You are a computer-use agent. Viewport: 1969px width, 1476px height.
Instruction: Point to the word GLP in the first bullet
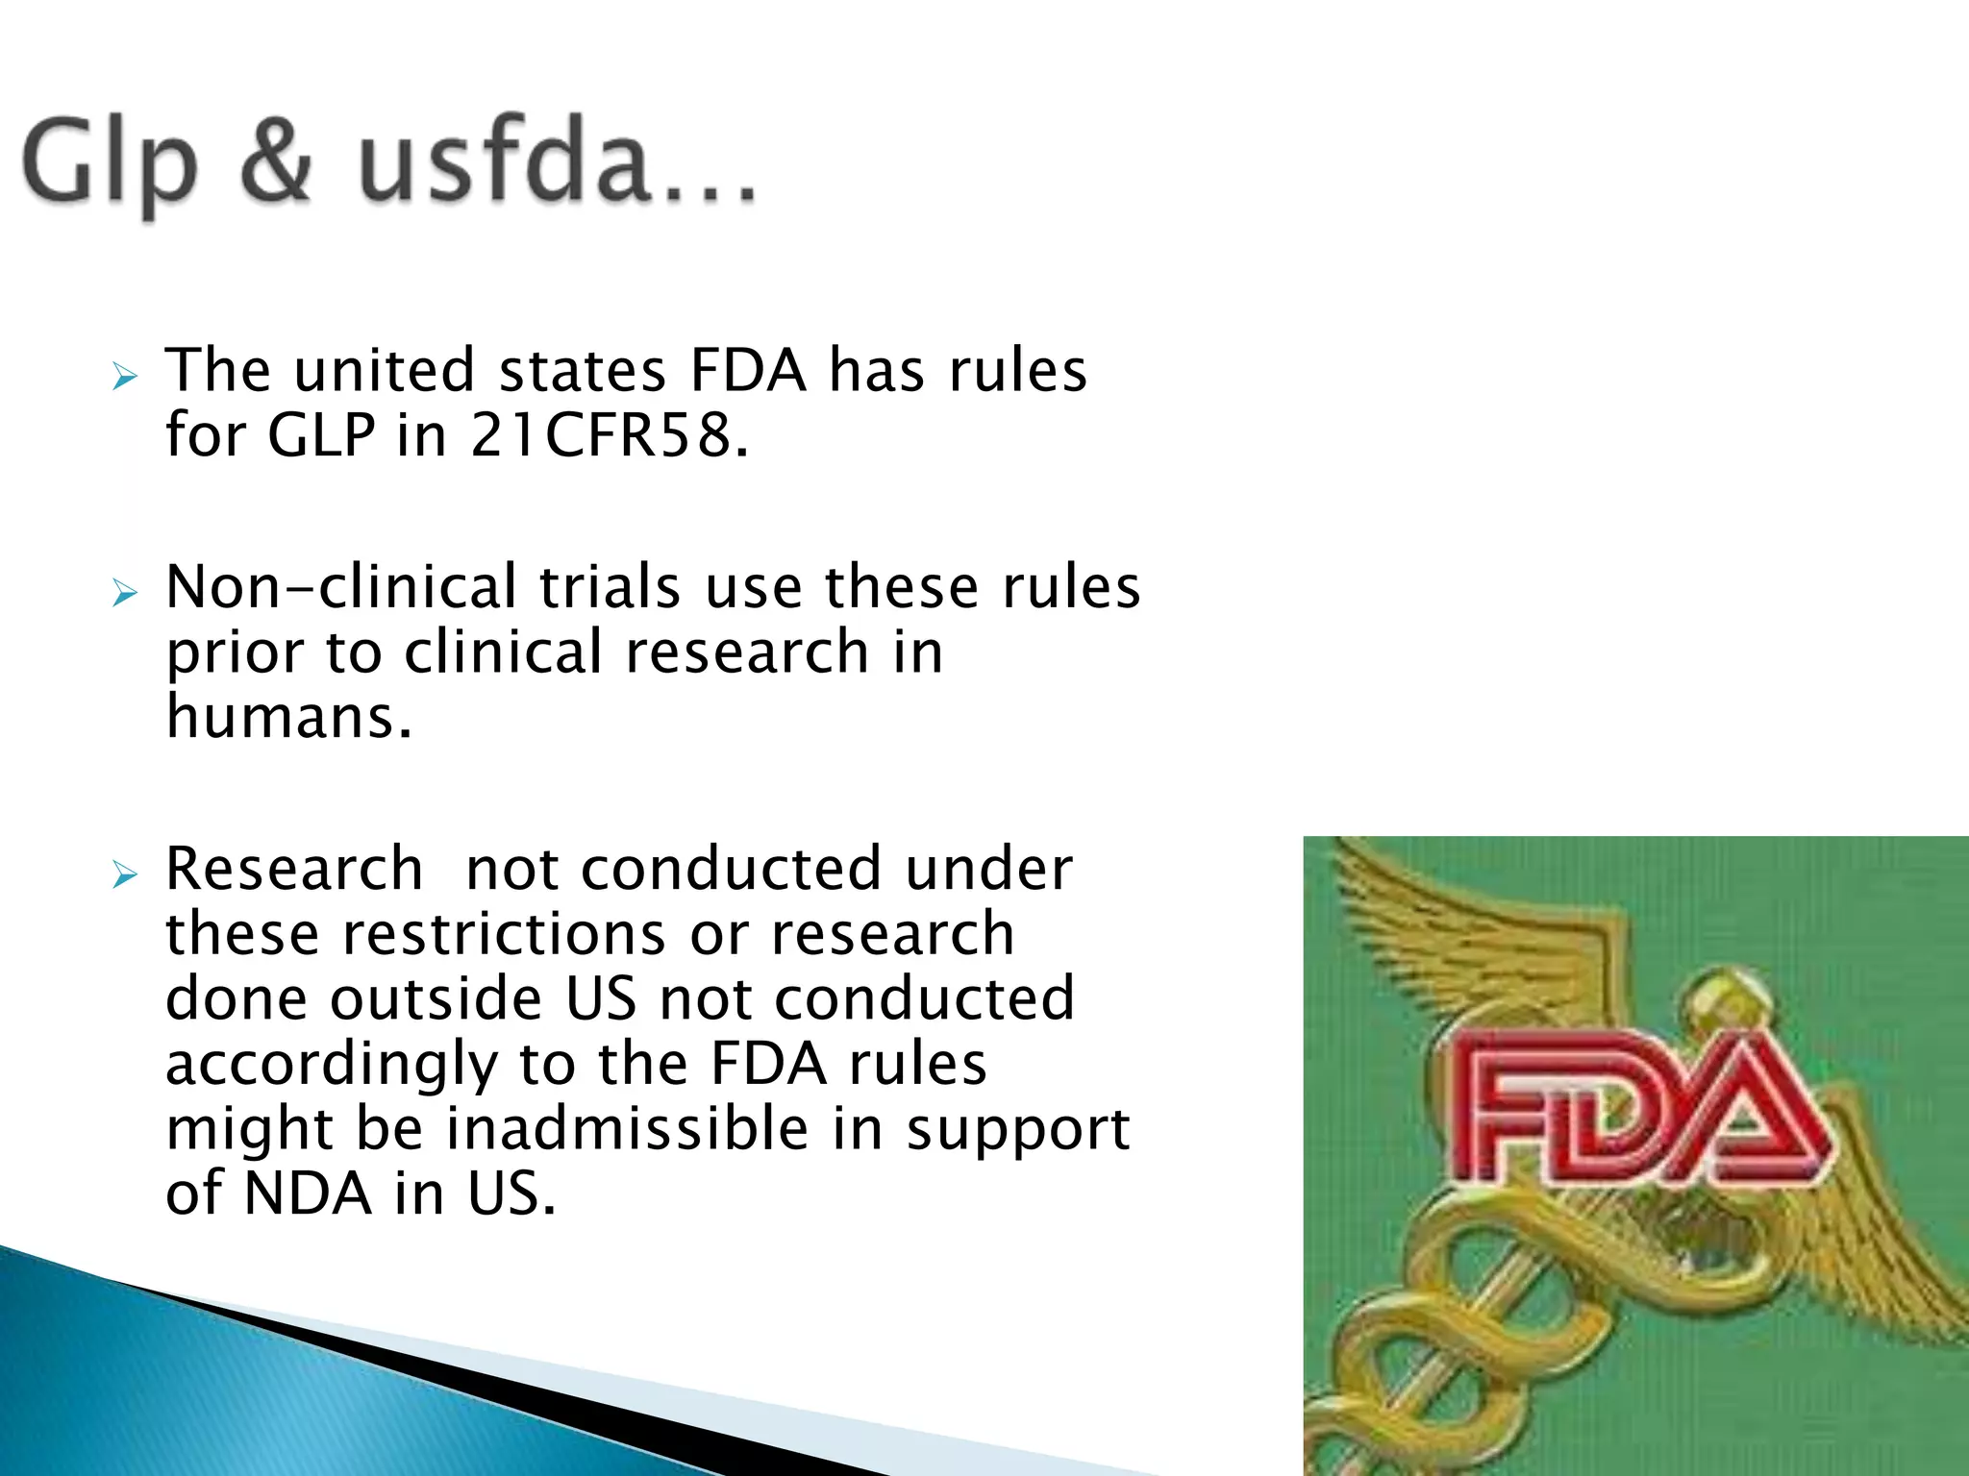coord(321,434)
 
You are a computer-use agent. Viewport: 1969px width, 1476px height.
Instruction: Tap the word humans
coord(288,717)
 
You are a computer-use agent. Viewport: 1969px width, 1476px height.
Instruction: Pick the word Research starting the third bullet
coord(294,869)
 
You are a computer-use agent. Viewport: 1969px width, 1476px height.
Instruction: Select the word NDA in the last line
coord(308,1193)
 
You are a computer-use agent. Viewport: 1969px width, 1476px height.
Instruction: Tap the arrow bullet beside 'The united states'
coord(125,377)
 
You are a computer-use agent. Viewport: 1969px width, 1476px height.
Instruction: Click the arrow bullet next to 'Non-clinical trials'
coord(125,593)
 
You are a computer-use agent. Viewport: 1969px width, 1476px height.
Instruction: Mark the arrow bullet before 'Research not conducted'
coord(125,875)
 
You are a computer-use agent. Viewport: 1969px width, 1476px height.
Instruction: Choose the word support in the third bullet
coord(1017,1130)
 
